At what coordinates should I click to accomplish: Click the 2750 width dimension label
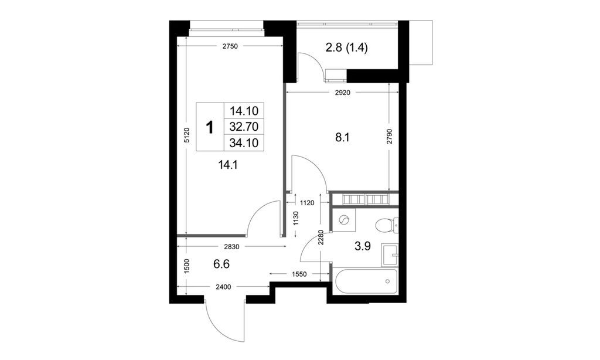coord(229,47)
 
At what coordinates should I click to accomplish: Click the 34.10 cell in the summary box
coord(247,141)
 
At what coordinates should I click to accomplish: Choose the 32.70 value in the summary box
coord(247,125)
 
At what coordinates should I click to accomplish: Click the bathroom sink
coord(390,253)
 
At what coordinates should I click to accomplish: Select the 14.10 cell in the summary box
coord(247,110)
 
